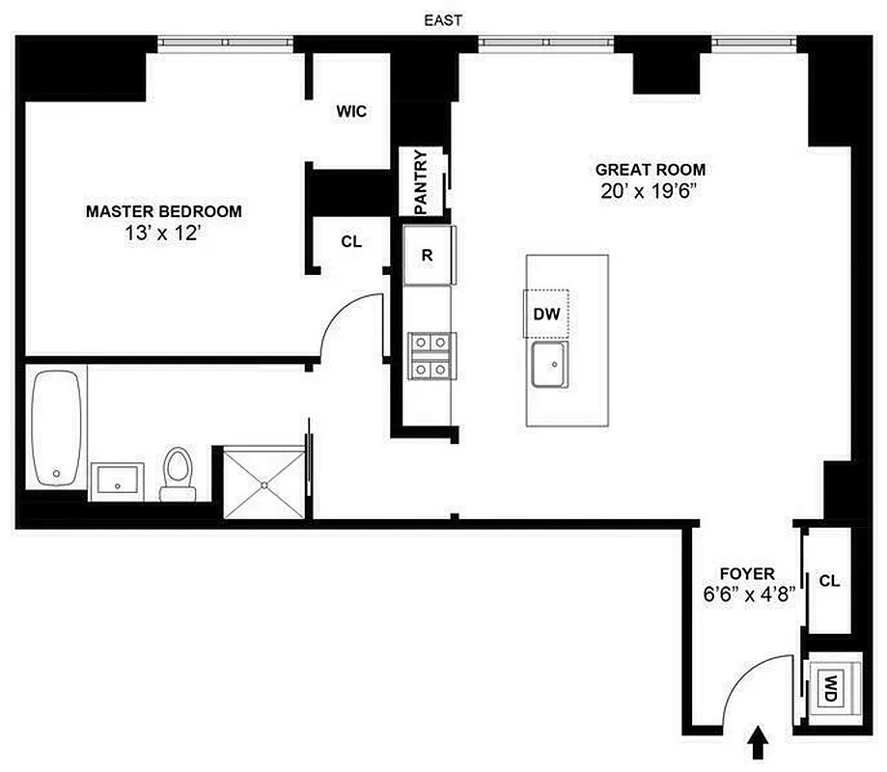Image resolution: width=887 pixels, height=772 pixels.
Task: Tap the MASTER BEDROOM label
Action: click(x=164, y=210)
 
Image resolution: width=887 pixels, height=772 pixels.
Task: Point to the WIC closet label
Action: click(x=350, y=112)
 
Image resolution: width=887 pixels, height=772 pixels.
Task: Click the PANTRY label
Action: click(x=421, y=182)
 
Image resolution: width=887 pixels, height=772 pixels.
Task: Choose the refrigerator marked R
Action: click(x=427, y=256)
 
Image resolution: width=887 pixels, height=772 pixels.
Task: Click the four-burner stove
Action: click(x=430, y=355)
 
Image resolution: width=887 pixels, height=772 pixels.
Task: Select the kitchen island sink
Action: click(x=554, y=365)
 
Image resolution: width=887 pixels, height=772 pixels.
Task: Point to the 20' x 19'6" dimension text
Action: click(x=646, y=191)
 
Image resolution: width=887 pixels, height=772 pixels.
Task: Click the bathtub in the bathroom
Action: click(x=56, y=429)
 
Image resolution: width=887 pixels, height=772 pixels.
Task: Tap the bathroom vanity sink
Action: click(x=118, y=480)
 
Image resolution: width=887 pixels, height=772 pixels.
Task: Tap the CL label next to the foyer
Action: click(x=829, y=581)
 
